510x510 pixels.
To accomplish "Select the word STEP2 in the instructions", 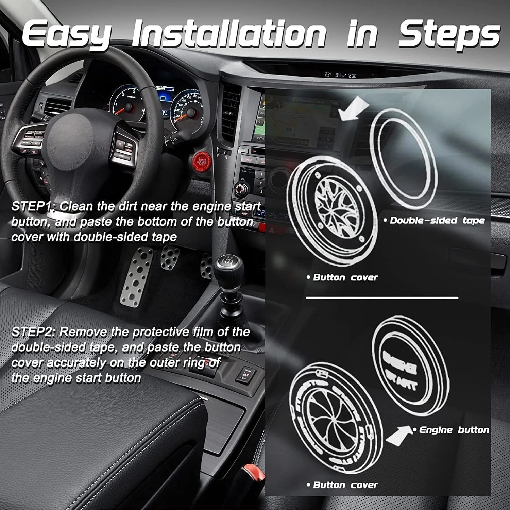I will tap(33, 332).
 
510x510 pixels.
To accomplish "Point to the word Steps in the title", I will tap(449, 34).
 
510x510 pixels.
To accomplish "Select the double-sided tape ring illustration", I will tap(403, 158).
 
